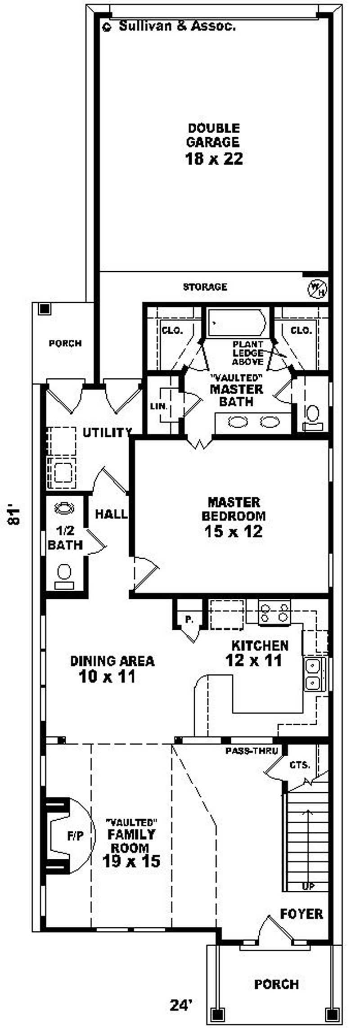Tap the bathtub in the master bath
click(x=236, y=322)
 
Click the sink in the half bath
click(x=64, y=508)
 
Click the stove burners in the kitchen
click(x=274, y=613)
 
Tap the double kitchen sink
click(x=314, y=673)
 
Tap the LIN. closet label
click(x=159, y=406)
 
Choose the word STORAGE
click(x=205, y=287)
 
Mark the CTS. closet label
click(x=299, y=764)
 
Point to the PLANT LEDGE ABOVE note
click(x=247, y=353)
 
